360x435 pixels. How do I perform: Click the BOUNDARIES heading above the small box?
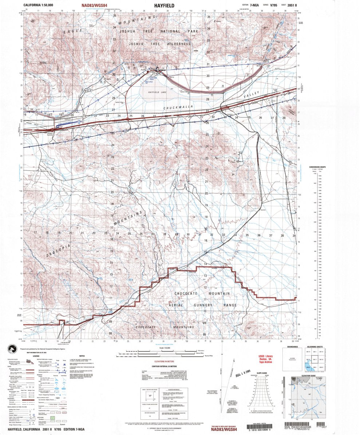[292, 347]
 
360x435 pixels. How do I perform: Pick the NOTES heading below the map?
[82, 356]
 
